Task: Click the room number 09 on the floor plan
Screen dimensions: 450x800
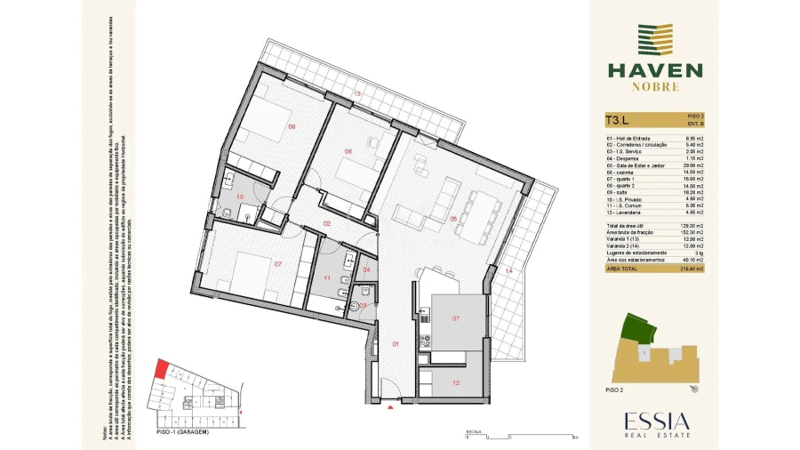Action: pyautogui.click(x=292, y=126)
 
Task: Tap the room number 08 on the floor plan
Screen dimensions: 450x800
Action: pyautogui.click(x=349, y=151)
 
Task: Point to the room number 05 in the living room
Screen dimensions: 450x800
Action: pyautogui.click(x=452, y=219)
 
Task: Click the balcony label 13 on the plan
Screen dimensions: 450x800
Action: pyautogui.click(x=357, y=93)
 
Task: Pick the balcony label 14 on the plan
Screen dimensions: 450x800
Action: pyautogui.click(x=508, y=270)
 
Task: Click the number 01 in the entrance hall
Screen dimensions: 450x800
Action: pyautogui.click(x=396, y=343)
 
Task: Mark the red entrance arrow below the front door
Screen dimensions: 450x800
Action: pyautogui.click(x=390, y=407)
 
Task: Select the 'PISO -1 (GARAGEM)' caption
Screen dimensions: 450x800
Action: pyautogui.click(x=181, y=431)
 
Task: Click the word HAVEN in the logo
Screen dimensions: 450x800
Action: pyautogui.click(x=655, y=69)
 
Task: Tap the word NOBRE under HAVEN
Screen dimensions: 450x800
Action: pyautogui.click(x=655, y=87)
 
